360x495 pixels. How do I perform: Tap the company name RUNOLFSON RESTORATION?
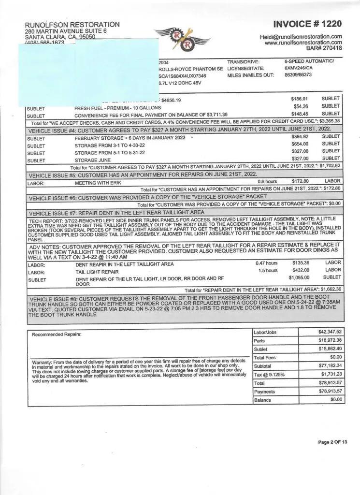(x=72, y=25)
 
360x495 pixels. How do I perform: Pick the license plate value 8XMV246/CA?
(x=299, y=69)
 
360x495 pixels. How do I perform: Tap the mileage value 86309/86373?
(x=298, y=75)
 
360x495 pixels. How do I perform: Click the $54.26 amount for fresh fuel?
(x=301, y=106)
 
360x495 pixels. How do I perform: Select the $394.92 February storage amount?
(x=300, y=137)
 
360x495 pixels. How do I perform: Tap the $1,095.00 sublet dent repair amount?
(x=299, y=277)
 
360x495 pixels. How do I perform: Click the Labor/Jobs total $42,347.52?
(x=328, y=332)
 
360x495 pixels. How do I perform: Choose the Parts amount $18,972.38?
(x=328, y=340)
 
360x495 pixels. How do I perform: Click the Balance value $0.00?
(x=335, y=400)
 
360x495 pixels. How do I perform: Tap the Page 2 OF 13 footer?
(x=332, y=442)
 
